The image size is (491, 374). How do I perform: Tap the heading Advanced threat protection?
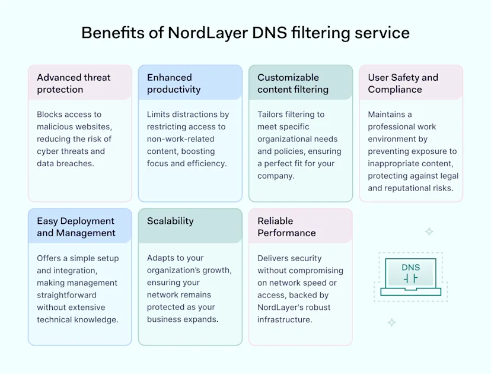74,83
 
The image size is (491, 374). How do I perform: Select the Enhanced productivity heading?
174,83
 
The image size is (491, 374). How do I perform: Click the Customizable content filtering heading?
292,83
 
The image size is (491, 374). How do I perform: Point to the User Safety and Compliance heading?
403,83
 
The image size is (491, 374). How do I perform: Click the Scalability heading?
170,221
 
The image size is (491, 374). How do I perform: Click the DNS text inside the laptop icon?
410,267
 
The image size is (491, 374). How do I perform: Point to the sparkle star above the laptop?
429,232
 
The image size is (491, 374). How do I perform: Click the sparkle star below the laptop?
391,322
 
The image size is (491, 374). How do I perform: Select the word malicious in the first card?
56,126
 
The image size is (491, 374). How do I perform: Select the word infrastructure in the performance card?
285,320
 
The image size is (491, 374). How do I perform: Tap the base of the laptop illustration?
410,292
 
